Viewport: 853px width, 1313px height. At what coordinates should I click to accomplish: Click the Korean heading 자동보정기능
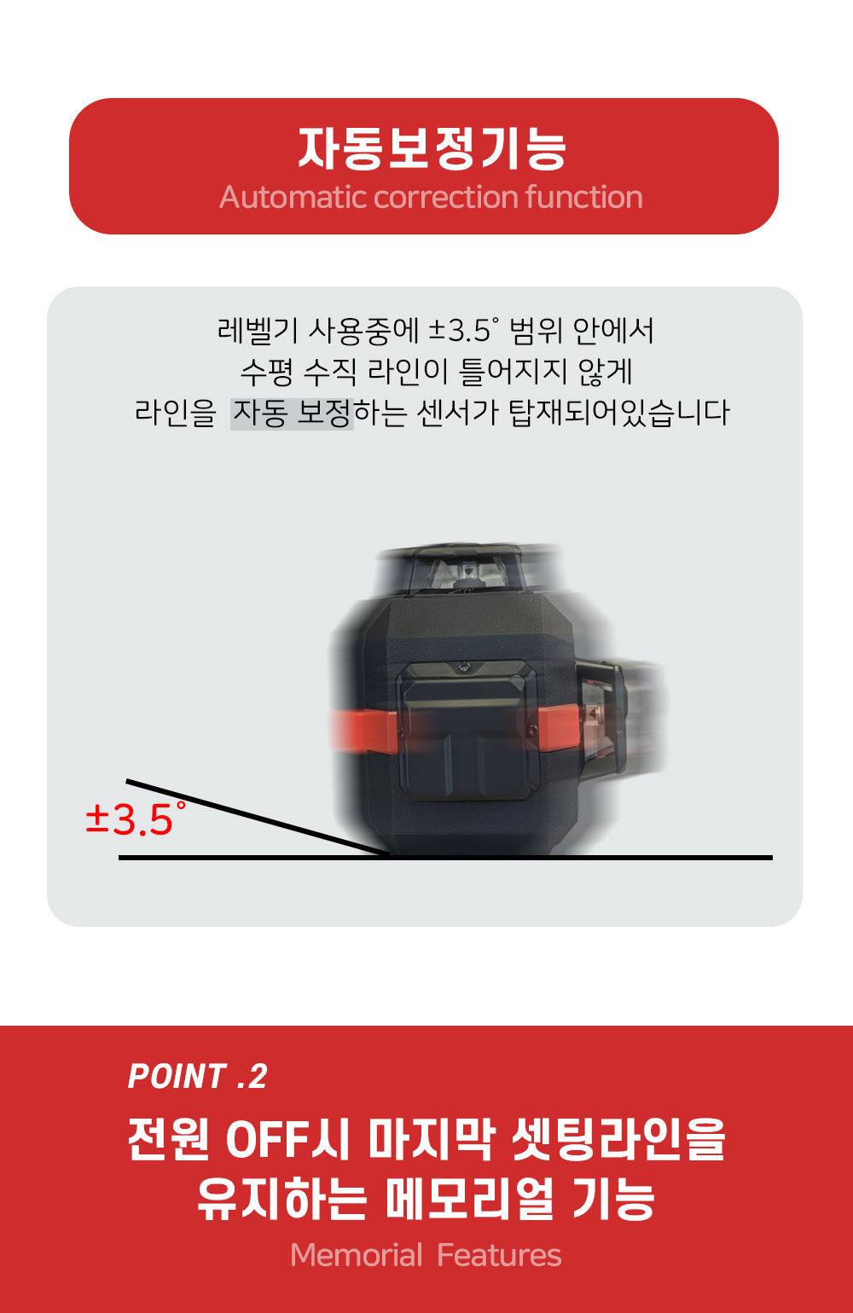click(x=432, y=149)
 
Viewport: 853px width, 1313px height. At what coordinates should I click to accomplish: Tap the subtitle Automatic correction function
click(x=431, y=198)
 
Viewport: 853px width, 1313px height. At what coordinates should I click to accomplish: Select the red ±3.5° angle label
click(x=136, y=818)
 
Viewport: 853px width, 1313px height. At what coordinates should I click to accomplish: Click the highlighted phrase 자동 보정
click(x=292, y=414)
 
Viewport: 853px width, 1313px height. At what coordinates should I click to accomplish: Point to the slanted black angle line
click(x=258, y=818)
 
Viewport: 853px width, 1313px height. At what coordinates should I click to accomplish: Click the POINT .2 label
click(x=198, y=1076)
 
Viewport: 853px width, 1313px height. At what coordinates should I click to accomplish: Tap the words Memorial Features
click(x=426, y=1255)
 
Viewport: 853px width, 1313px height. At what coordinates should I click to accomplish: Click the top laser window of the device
click(x=466, y=573)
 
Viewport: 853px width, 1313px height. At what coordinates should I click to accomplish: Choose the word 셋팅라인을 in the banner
click(x=618, y=1139)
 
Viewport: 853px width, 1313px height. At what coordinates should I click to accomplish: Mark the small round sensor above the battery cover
click(x=464, y=666)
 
